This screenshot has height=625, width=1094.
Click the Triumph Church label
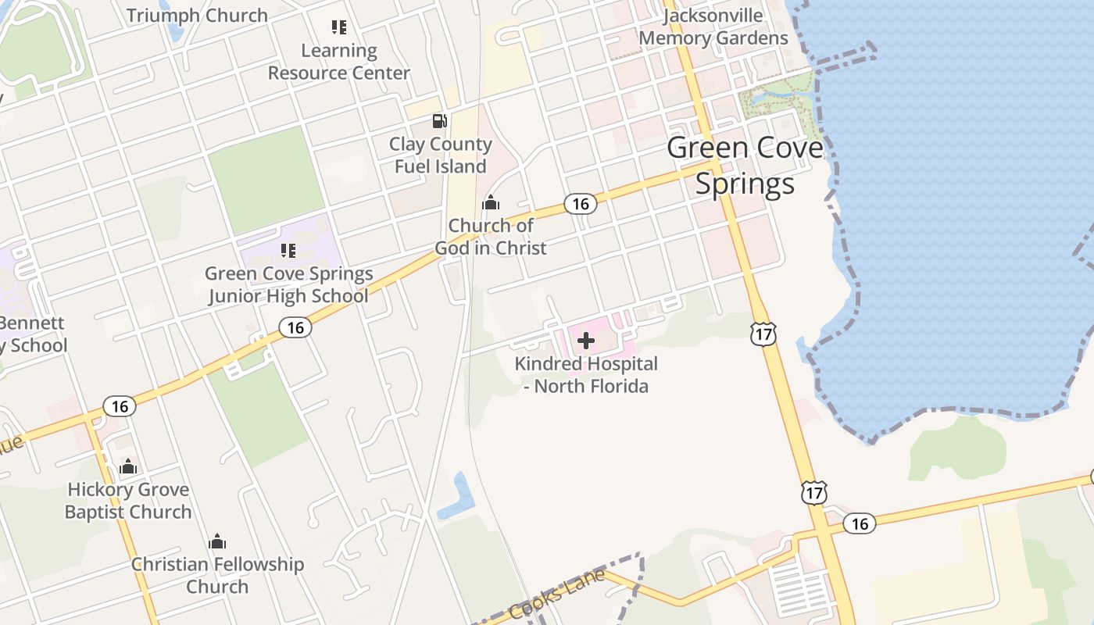coord(197,15)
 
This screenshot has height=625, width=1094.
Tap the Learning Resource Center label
coord(338,62)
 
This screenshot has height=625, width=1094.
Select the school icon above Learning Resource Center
coord(338,28)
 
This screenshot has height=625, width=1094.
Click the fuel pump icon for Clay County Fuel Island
coord(440,121)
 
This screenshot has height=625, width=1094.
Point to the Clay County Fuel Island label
coord(440,155)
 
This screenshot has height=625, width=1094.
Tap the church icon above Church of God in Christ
coord(491,203)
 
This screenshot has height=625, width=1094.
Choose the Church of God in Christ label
coord(491,237)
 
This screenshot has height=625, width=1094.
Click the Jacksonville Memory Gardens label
coord(713,27)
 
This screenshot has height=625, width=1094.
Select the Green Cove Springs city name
coord(745,165)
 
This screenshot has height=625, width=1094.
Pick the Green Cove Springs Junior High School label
coord(288,285)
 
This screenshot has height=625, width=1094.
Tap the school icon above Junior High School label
coord(288,251)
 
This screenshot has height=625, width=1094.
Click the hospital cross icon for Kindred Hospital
coord(585,341)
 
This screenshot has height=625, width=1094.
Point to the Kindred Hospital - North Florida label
coord(585,375)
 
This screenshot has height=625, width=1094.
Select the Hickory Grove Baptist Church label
coord(128,501)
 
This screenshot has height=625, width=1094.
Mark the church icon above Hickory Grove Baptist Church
coord(128,467)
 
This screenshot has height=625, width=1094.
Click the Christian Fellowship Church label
coord(217,575)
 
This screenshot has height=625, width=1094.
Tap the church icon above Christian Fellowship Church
coord(217,541)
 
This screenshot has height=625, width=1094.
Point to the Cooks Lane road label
coord(557,595)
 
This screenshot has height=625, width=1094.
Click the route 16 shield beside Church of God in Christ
coord(580,204)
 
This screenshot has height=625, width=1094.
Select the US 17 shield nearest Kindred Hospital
coord(763,334)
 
